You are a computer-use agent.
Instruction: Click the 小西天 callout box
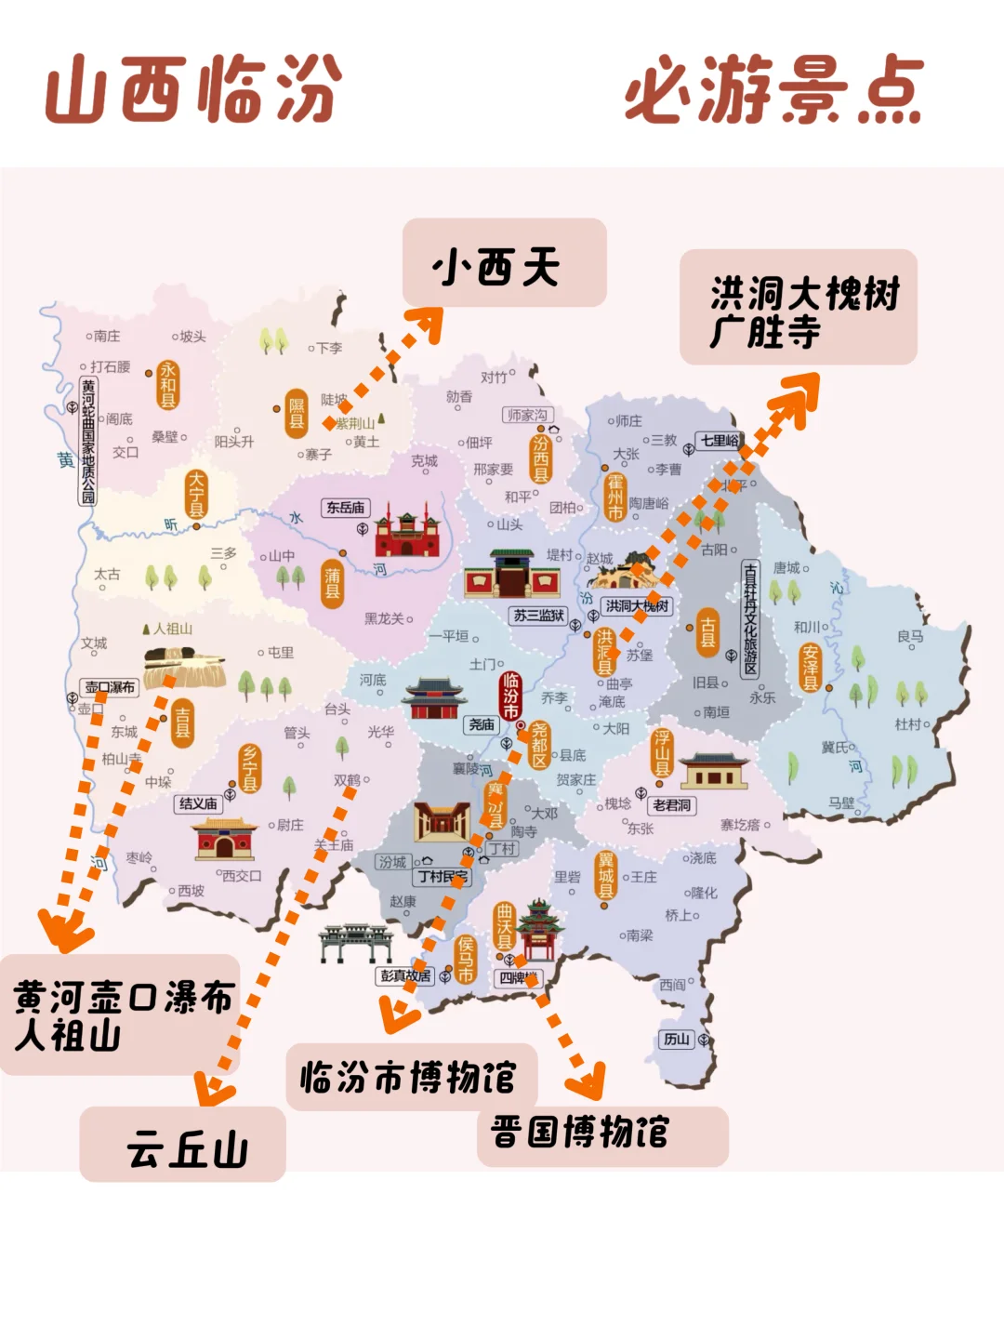pos(504,263)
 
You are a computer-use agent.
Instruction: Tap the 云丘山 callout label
pos(183,1145)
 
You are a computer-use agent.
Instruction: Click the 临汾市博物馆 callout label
pos(412,1077)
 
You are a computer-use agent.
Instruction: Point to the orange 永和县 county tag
pos(167,385)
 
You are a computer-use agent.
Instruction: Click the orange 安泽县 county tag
pos(811,668)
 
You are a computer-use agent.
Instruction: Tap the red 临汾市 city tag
pos(510,696)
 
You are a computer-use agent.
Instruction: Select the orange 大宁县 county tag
pos(196,494)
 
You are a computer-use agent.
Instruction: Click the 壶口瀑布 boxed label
pos(110,688)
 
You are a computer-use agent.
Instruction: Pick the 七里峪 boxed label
pos(720,440)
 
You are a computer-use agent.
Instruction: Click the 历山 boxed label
pos(676,1040)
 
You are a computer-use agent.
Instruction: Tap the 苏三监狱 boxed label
pos(539,616)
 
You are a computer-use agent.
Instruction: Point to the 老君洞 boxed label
pos(671,805)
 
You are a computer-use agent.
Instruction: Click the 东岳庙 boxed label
pos(345,508)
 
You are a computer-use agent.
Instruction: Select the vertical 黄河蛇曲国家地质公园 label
pos(88,441)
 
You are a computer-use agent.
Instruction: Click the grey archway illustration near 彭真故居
pos(355,942)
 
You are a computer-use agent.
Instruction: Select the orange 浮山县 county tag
pos(661,752)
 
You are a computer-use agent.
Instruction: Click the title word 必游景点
pos(773,90)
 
